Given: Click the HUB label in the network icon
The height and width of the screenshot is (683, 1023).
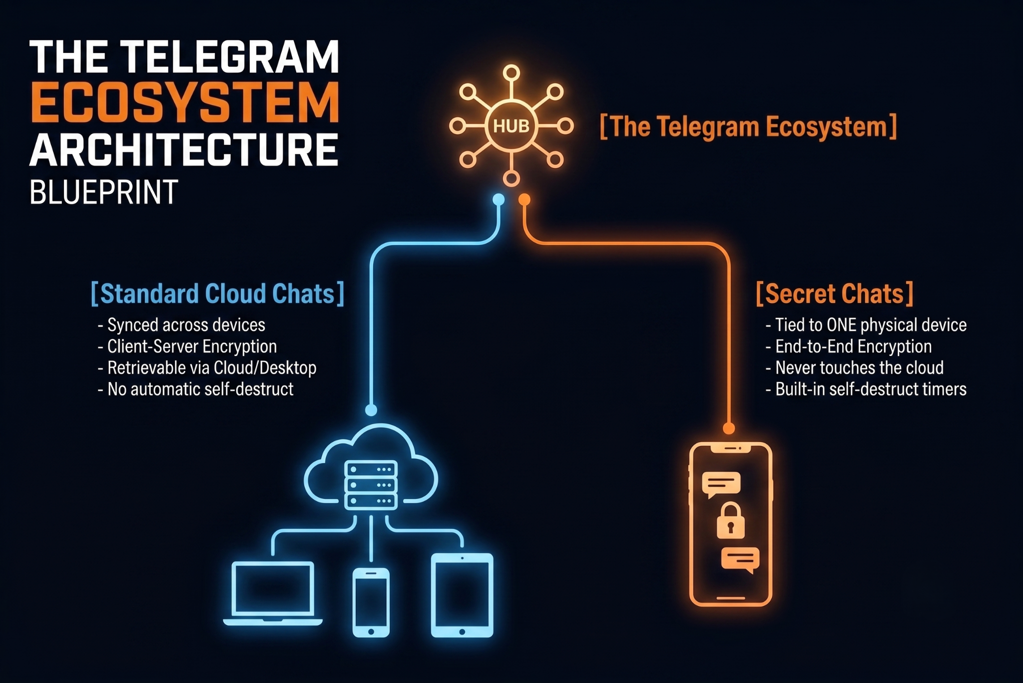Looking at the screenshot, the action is [x=511, y=126].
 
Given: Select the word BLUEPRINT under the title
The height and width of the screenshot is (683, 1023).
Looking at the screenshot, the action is [x=104, y=192].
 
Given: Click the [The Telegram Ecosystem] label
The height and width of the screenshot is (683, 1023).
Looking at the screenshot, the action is [x=748, y=126].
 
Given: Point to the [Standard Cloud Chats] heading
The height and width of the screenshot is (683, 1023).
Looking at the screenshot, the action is [x=218, y=293].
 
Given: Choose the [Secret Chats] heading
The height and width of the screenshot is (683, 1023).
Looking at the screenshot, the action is [x=835, y=293].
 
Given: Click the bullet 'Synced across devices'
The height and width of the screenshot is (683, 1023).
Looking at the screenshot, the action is [x=182, y=325].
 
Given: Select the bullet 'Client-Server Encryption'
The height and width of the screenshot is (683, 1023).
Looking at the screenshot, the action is [x=187, y=346].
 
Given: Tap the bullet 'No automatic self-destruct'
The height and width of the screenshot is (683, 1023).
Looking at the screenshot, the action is [x=196, y=389].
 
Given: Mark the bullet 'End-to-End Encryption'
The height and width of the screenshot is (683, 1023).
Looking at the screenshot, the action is [x=849, y=346].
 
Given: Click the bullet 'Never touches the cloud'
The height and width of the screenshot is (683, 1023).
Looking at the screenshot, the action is [x=855, y=368].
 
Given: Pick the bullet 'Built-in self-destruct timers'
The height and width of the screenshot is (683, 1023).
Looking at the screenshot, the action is [x=866, y=389].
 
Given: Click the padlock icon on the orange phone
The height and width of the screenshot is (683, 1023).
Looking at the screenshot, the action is [x=731, y=521].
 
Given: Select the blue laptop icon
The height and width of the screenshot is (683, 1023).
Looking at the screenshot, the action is [x=273, y=594].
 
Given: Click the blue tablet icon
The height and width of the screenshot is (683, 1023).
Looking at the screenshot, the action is [x=462, y=595].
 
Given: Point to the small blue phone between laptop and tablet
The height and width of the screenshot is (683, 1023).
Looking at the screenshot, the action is [x=371, y=602].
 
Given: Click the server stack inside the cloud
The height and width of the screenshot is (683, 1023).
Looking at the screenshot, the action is [x=371, y=485].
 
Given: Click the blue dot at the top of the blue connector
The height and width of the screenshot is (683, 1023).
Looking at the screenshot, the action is [x=499, y=200].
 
